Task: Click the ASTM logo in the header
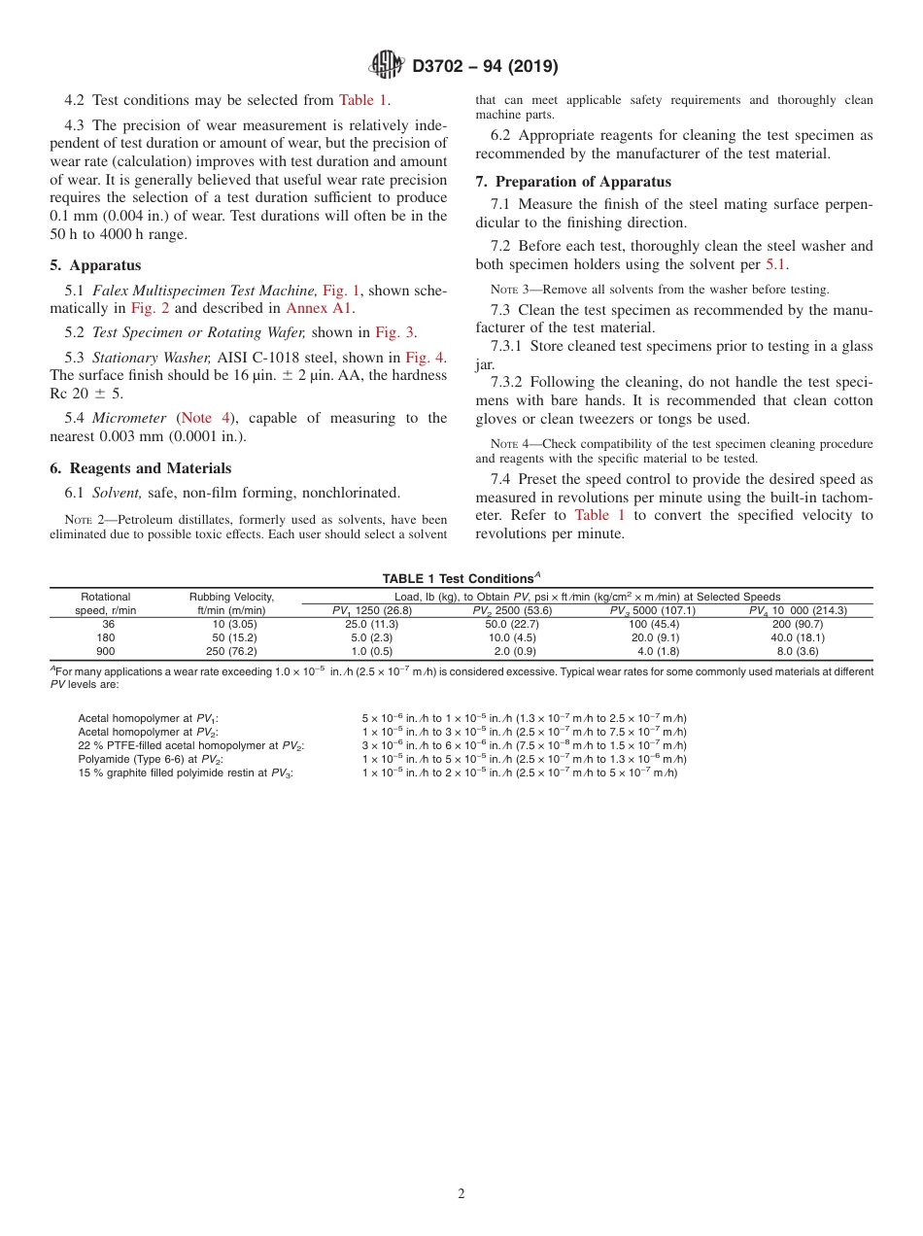pos(387,66)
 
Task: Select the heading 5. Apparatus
pos(95,265)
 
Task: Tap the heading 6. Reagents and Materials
pos(140,468)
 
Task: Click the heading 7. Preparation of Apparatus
pos(573,182)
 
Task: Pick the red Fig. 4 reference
pos(426,357)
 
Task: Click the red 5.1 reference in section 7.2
pos(775,263)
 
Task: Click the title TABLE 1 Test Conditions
pos(461,578)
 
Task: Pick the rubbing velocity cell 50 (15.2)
pos(234,637)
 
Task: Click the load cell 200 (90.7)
pos(797,624)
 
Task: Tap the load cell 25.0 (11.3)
pos(372,624)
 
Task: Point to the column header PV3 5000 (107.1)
pos(652,610)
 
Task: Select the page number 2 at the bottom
pos(461,1194)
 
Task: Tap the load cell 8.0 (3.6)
pos(797,651)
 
